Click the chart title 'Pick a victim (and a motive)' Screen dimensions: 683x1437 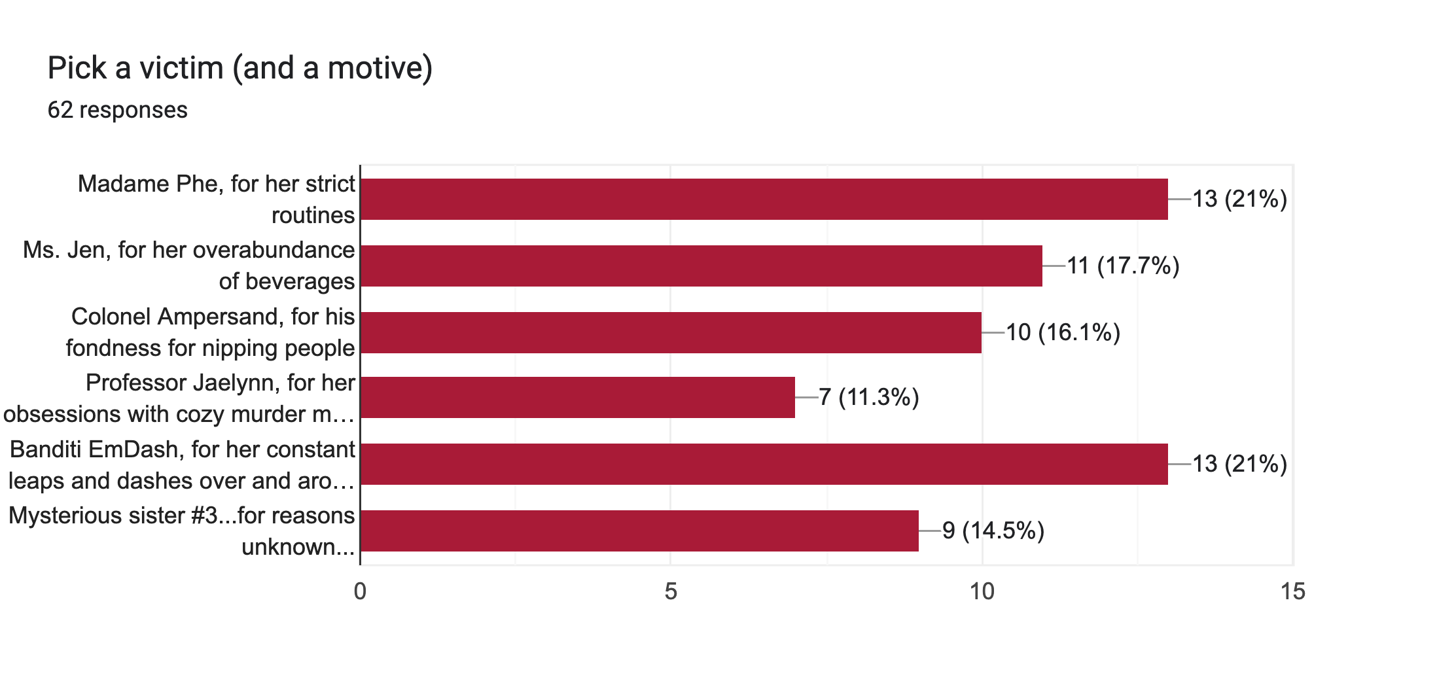pyautogui.click(x=240, y=68)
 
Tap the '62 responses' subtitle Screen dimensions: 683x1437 pyautogui.click(x=118, y=110)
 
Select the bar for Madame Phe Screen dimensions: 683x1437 pyautogui.click(x=764, y=199)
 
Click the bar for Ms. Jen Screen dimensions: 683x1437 pyautogui.click(x=701, y=266)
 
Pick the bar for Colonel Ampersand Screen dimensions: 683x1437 pyautogui.click(x=671, y=332)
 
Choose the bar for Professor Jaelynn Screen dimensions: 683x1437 pyautogui.click(x=577, y=397)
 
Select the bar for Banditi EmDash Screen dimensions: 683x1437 pyautogui.click(x=764, y=464)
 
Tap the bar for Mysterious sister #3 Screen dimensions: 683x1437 pyautogui.click(x=639, y=531)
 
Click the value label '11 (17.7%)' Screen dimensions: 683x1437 pyautogui.click(x=1123, y=266)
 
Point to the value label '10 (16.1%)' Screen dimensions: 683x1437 pyautogui.click(x=1063, y=332)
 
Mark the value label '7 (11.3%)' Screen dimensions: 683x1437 pyautogui.click(x=869, y=397)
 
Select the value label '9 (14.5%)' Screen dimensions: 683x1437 pyautogui.click(x=993, y=531)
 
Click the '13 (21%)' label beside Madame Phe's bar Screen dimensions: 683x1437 pyautogui.click(x=1239, y=199)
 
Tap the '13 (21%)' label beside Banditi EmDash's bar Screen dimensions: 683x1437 pyautogui.click(x=1239, y=464)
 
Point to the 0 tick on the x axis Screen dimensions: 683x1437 pyautogui.click(x=360, y=591)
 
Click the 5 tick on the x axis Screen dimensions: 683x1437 pyautogui.click(x=671, y=591)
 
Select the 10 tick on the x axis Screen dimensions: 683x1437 pyautogui.click(x=982, y=591)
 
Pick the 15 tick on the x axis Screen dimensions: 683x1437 pyautogui.click(x=1292, y=591)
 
